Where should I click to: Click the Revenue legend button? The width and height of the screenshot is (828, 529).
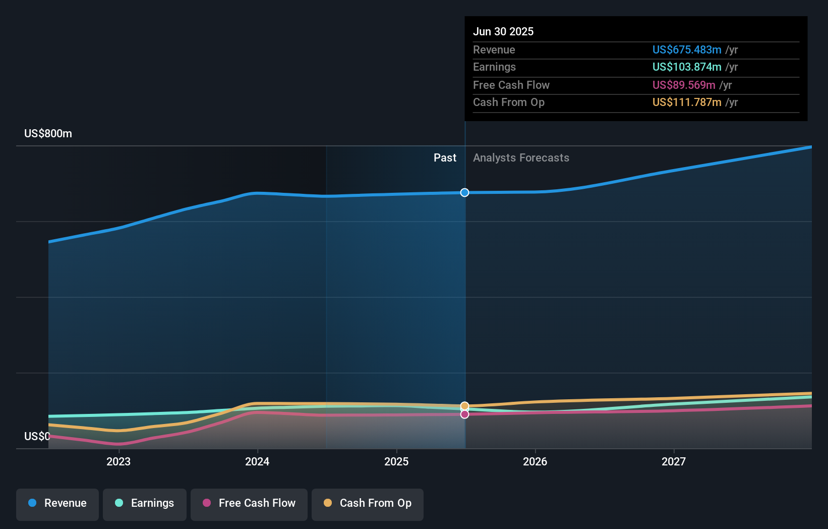click(57, 503)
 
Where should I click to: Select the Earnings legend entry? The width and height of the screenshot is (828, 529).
click(145, 503)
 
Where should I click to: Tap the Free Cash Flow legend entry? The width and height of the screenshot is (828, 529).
click(249, 503)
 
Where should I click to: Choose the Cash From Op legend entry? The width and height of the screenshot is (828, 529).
click(368, 503)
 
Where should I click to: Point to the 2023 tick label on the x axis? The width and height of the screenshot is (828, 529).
click(119, 461)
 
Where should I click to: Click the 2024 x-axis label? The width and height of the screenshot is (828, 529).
click(257, 461)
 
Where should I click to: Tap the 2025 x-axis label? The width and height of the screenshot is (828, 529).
click(396, 461)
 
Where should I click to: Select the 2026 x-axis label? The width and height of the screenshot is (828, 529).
click(535, 461)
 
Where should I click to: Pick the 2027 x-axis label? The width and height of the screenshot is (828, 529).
click(674, 461)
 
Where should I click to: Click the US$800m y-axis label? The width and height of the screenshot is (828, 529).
click(48, 134)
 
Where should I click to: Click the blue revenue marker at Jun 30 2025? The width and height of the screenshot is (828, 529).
click(465, 192)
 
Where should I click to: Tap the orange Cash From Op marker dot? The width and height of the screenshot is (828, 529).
click(465, 406)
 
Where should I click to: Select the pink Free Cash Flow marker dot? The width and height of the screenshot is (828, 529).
click(465, 414)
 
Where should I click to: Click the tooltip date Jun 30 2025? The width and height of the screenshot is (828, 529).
click(503, 31)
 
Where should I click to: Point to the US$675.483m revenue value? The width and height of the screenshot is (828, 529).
click(687, 49)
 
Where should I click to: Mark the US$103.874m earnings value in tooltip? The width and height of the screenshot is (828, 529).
click(687, 67)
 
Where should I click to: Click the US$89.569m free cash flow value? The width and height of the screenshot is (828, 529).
click(684, 85)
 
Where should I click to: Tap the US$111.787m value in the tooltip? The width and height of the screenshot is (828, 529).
click(687, 102)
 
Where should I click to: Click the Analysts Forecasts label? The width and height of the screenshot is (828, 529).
click(521, 158)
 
